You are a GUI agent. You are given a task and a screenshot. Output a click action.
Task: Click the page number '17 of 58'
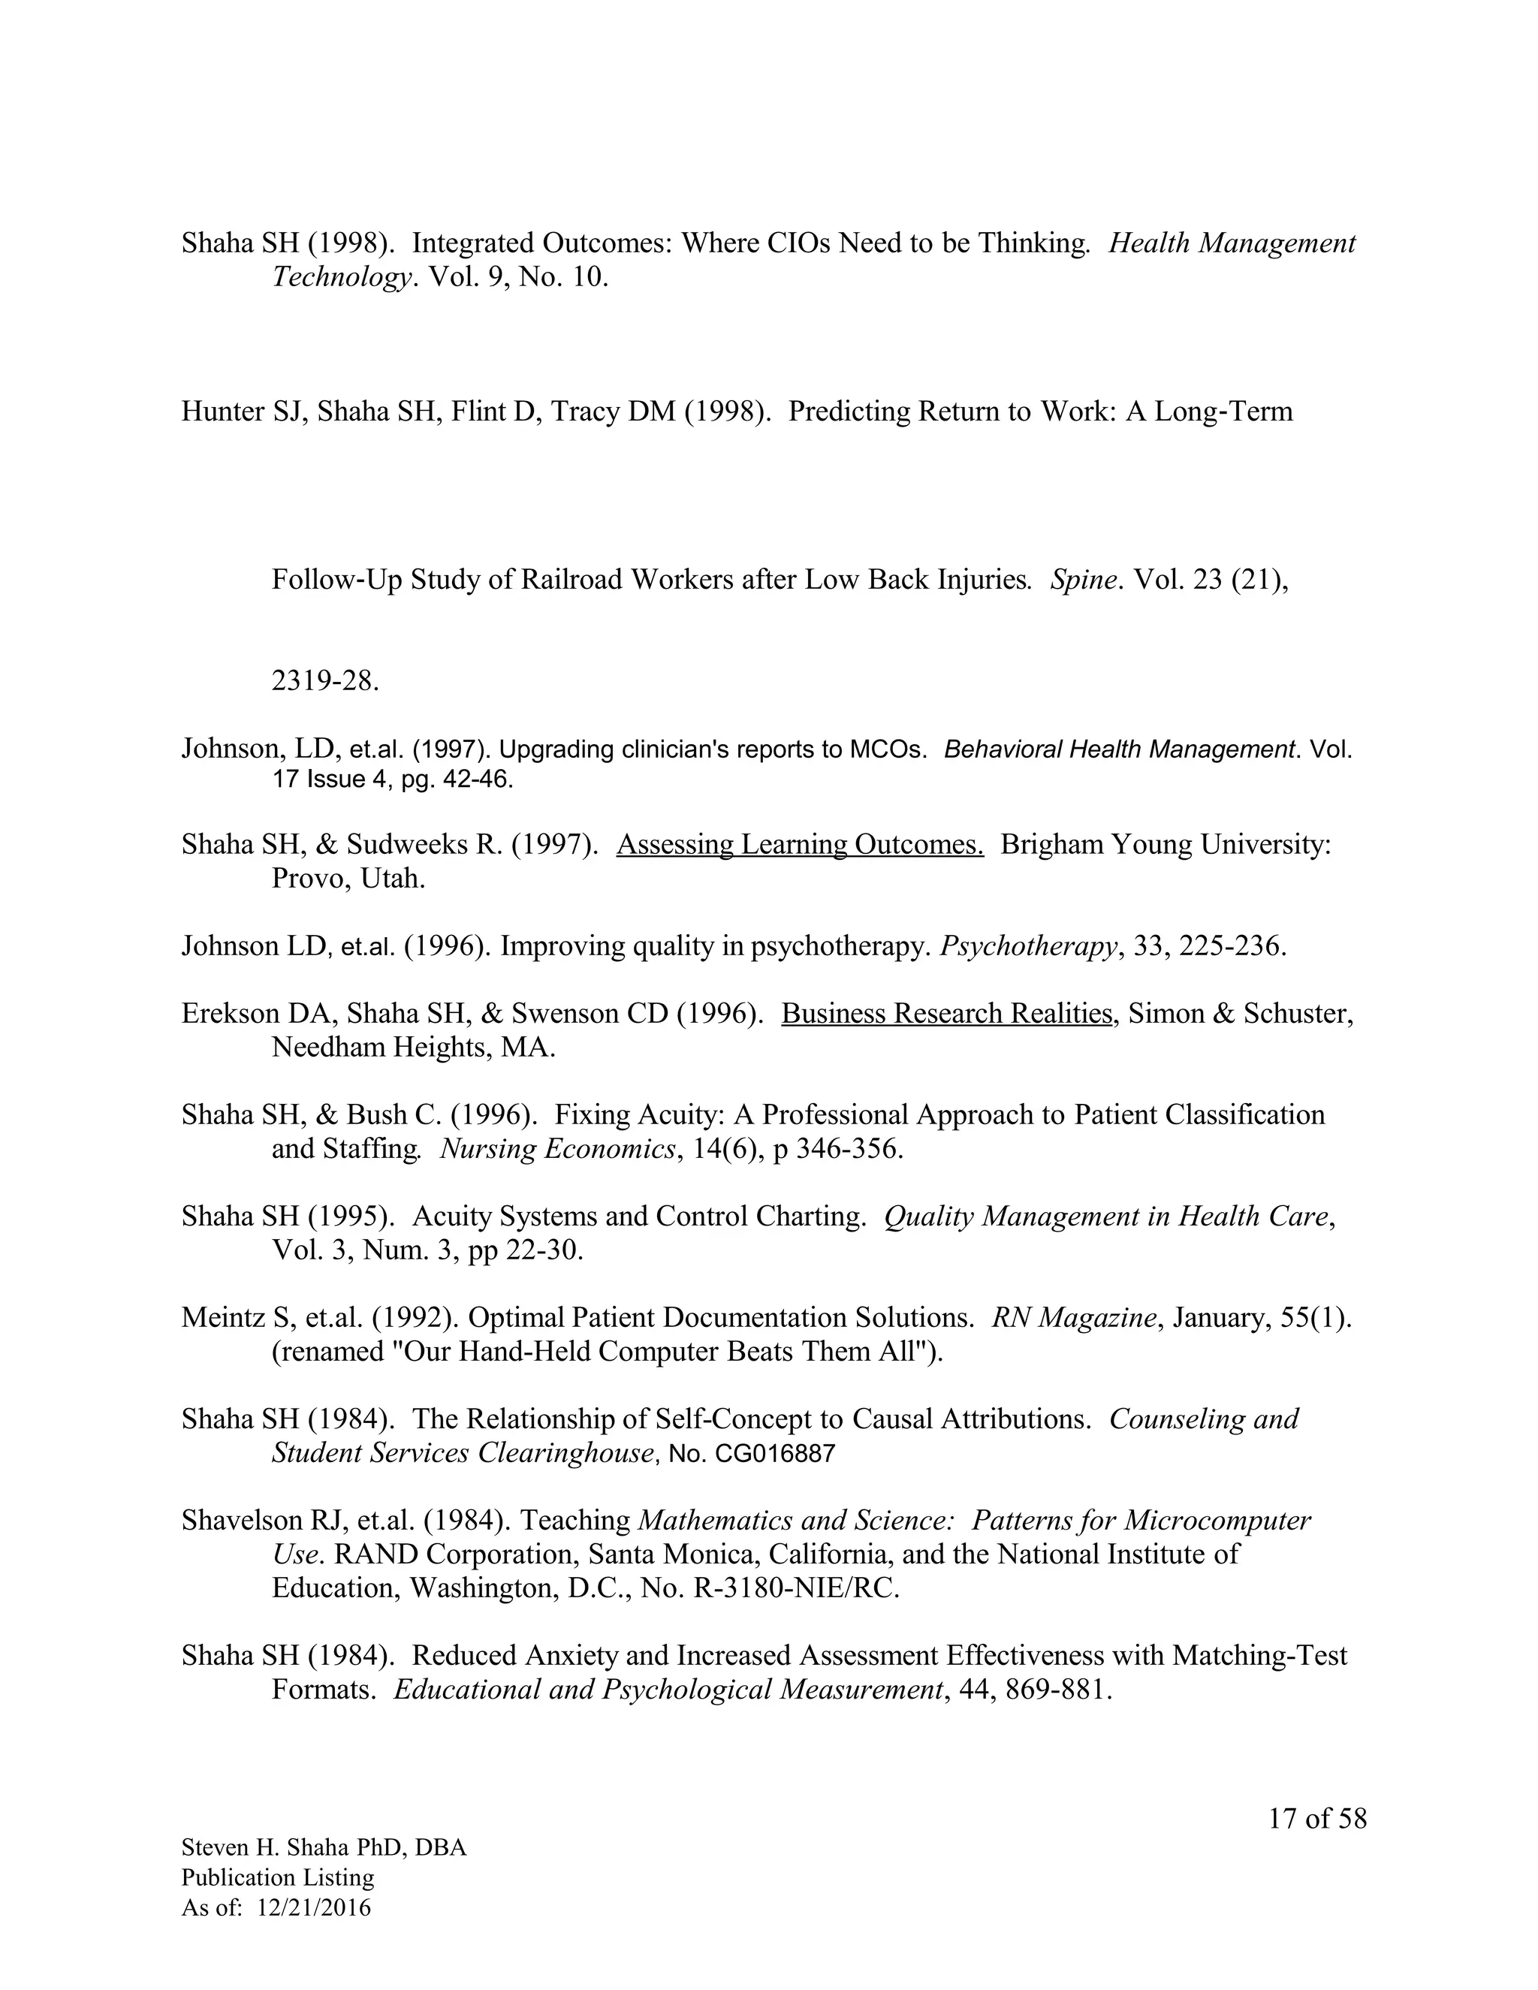pos(1317,1819)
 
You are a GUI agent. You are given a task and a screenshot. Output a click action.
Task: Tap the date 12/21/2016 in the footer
pos(315,1907)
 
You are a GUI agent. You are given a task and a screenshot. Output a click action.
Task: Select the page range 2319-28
pos(324,680)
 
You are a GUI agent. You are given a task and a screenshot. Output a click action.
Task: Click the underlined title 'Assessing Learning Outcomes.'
pos(799,845)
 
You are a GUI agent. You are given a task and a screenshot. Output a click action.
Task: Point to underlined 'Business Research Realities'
pos(948,1013)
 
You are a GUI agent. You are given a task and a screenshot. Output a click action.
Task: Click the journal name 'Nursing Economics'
pos(558,1149)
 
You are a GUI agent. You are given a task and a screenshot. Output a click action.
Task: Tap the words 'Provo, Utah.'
pos(349,879)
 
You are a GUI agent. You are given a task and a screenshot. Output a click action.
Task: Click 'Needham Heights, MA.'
pos(414,1048)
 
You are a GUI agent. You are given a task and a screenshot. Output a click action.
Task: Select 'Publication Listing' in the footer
pos(278,1877)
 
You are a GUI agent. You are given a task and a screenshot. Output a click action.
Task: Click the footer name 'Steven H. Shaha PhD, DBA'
pos(324,1847)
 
